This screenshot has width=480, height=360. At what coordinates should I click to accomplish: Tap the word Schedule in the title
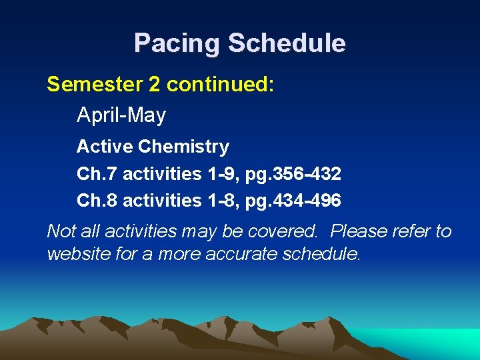click(x=287, y=43)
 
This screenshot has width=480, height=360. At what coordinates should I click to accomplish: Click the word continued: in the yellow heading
click(x=221, y=85)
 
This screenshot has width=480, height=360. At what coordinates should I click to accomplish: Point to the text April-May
click(x=121, y=115)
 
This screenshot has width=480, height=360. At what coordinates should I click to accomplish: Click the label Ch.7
click(x=97, y=174)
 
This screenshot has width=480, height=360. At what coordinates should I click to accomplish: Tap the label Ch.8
click(x=97, y=200)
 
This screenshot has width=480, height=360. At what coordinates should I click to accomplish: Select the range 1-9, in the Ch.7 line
click(x=224, y=174)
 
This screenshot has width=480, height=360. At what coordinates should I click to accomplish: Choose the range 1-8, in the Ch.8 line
click(x=224, y=200)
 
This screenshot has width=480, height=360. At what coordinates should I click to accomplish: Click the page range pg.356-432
click(x=293, y=174)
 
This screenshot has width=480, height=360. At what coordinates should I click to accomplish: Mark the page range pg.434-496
click(x=293, y=200)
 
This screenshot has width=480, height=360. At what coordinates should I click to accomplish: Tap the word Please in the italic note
click(x=361, y=231)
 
